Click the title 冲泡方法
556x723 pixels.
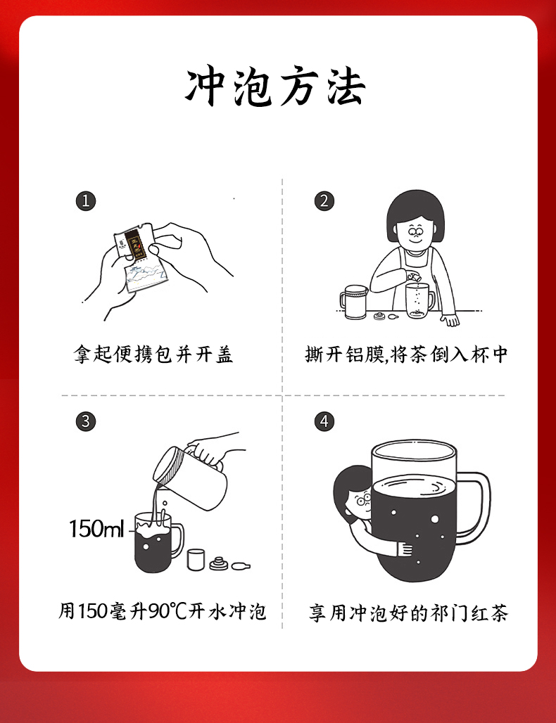pos(276,88)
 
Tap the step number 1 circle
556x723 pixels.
pos(86,201)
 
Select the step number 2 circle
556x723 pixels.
pos(324,201)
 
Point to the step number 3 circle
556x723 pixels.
pos(86,421)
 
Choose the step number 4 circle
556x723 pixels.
pos(324,421)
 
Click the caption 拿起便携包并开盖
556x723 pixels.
pos(153,354)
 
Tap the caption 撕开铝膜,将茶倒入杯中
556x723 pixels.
pos(407,354)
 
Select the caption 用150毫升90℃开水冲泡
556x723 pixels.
pos(163,612)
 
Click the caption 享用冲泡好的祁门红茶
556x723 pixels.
pos(408,613)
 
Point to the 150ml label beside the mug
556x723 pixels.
pos(96,528)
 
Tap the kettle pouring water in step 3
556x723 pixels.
pos(192,476)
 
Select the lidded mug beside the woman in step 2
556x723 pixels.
pos(355,302)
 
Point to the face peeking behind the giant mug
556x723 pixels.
pos(362,501)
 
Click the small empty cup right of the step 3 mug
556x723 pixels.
pos(196,559)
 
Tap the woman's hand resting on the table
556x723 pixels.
pos(450,319)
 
